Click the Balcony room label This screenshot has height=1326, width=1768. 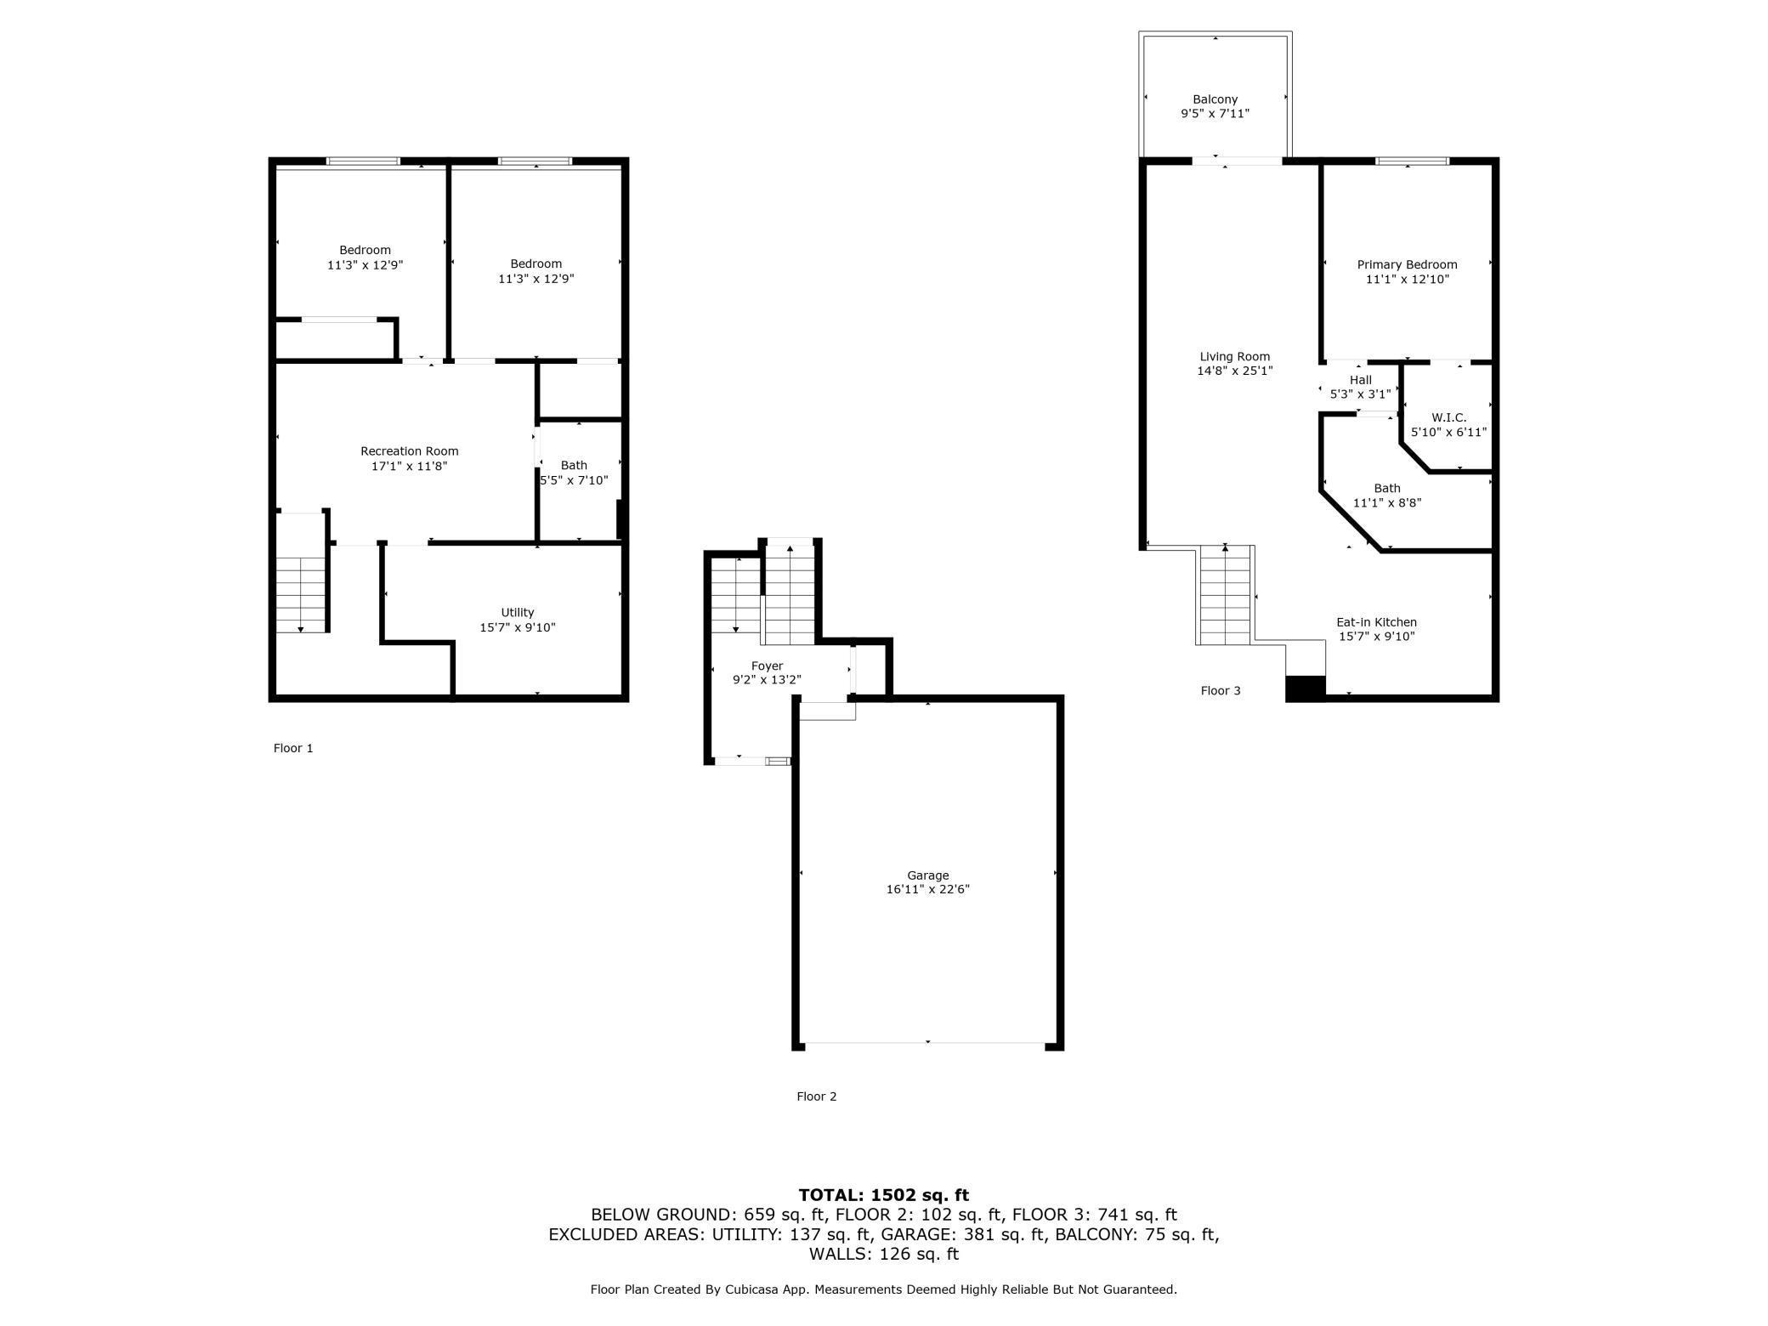(x=1215, y=99)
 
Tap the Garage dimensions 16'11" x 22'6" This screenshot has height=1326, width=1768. (x=927, y=889)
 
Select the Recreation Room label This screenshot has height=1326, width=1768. (x=409, y=451)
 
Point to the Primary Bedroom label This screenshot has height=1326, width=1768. (x=1407, y=264)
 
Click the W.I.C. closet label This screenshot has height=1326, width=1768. (x=1448, y=417)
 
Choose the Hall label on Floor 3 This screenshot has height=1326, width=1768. (x=1360, y=380)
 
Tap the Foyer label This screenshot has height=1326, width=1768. (x=767, y=666)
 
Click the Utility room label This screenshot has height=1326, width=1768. (x=517, y=612)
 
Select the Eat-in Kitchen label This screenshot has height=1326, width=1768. (x=1376, y=622)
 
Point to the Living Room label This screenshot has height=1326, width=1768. (x=1234, y=357)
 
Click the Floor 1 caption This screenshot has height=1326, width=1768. (x=293, y=748)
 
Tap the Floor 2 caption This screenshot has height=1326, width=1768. (x=816, y=1096)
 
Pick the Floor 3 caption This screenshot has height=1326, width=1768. (x=1220, y=690)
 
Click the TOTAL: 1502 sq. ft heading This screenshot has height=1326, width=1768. (x=883, y=1195)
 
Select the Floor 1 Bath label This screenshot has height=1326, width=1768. (x=574, y=465)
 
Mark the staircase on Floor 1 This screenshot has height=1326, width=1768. (x=301, y=595)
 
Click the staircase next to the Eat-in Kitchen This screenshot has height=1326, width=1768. (x=1225, y=595)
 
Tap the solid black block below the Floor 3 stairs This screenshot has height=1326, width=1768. (x=1305, y=688)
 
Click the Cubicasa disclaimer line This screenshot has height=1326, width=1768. (x=883, y=1289)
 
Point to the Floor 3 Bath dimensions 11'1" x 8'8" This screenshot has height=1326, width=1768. (x=1386, y=502)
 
